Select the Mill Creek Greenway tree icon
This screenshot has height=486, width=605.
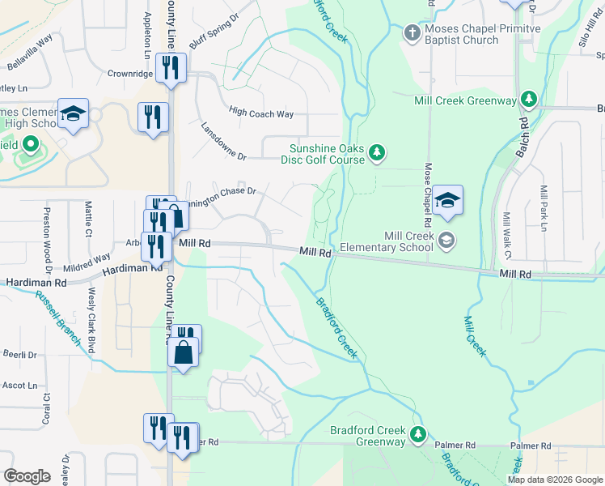pyautogui.click(x=530, y=100)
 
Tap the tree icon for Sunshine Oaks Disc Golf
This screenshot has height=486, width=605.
pyautogui.click(x=376, y=152)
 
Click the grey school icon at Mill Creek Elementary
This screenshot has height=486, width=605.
pyautogui.click(x=446, y=240)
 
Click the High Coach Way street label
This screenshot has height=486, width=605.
pyautogui.click(x=261, y=114)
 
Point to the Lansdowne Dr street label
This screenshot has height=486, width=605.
pyautogui.click(x=229, y=143)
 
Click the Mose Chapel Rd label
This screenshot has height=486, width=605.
pyautogui.click(x=427, y=194)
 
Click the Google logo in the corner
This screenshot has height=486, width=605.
pyautogui.click(x=27, y=476)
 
